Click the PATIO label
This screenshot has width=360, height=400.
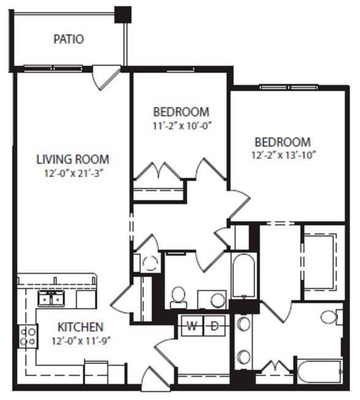tap(68, 39)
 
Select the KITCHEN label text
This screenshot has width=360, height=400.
tap(80, 327)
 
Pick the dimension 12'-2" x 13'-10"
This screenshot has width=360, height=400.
tap(283, 155)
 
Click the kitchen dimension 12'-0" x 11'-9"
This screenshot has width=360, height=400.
tap(80, 340)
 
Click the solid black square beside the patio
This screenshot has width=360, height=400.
tap(123, 14)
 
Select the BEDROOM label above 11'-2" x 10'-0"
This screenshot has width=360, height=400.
tap(181, 113)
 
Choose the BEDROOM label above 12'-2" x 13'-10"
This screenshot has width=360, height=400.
tap(283, 142)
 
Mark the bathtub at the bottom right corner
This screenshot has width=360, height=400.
tap(319, 372)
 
